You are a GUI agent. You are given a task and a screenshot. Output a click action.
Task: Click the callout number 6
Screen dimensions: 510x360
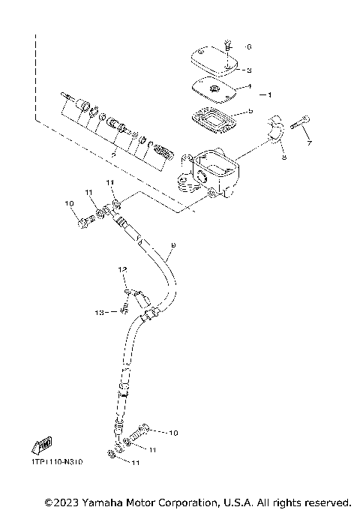[x=249, y=47]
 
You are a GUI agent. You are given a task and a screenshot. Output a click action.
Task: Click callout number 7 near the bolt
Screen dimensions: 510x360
[x=307, y=142]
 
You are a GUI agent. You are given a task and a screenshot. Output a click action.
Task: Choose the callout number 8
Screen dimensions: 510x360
[x=284, y=156]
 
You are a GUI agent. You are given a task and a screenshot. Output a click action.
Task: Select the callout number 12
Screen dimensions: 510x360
[x=118, y=268]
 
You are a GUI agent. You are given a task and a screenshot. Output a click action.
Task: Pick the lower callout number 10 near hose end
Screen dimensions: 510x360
[x=174, y=433]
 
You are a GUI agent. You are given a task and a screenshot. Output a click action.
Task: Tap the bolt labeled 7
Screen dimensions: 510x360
[x=298, y=121]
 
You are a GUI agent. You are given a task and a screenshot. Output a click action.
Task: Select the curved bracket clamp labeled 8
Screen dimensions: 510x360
[x=275, y=131]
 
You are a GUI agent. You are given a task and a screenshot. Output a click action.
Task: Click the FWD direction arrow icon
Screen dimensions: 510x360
[x=43, y=447]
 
